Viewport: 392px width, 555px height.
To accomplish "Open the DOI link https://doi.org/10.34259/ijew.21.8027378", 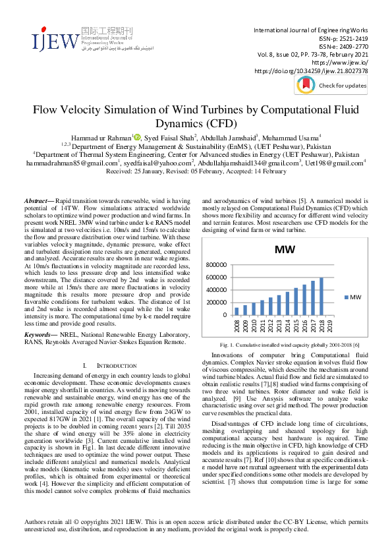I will point(310,71).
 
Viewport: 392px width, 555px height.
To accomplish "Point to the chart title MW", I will point(285,250).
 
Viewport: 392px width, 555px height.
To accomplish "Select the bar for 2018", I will point(322,296).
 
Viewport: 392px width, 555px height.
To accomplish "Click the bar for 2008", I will point(237,311).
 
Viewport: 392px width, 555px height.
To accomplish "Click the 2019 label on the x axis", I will point(330,325).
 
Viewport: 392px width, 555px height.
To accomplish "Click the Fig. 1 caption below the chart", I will point(285,345).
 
